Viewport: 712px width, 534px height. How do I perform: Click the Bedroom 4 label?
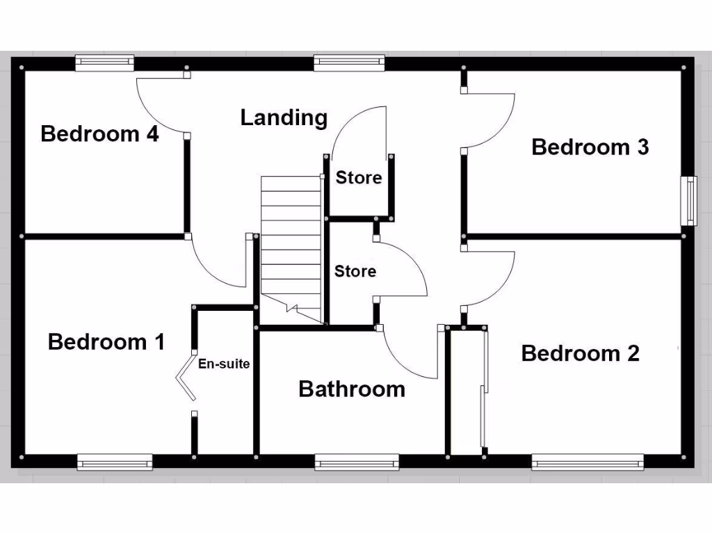pyautogui.click(x=99, y=133)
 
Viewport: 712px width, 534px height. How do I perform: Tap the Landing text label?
pyautogui.click(x=284, y=118)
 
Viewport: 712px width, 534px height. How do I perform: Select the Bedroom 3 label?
pyautogui.click(x=590, y=147)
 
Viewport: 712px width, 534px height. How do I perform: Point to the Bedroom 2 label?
pyautogui.click(x=580, y=353)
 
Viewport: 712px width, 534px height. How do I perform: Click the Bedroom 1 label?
pyautogui.click(x=106, y=342)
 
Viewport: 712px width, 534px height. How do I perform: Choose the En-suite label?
pyautogui.click(x=224, y=364)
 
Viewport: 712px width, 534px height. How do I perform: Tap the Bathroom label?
pyautogui.click(x=352, y=389)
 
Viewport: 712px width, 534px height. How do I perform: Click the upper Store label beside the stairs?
pyautogui.click(x=359, y=178)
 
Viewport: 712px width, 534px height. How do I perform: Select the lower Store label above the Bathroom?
pyautogui.click(x=355, y=271)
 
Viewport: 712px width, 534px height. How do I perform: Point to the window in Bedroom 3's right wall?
pyautogui.click(x=688, y=200)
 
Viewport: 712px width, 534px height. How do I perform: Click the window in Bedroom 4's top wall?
pyautogui.click(x=104, y=63)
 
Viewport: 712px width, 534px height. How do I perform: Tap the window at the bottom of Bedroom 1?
pyautogui.click(x=115, y=462)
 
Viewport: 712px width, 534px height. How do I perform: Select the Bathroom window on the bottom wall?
pyautogui.click(x=357, y=462)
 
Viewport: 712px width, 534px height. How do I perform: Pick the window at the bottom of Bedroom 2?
pyautogui.click(x=588, y=462)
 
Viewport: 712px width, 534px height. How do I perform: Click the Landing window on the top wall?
pyautogui.click(x=349, y=63)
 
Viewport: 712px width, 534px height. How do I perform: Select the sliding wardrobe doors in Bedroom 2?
pyautogui.click(x=483, y=389)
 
